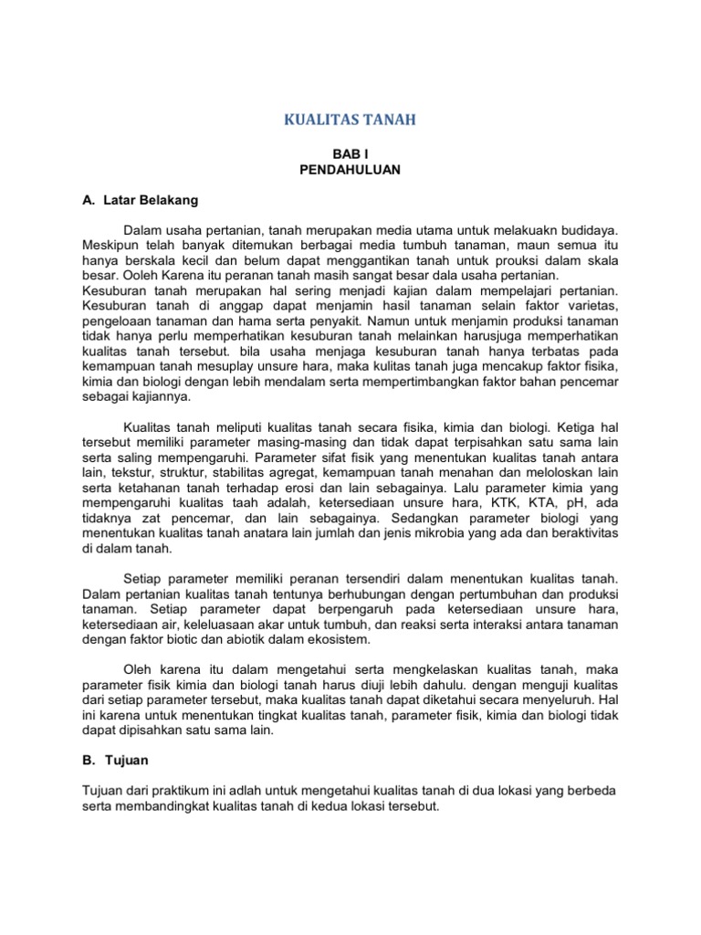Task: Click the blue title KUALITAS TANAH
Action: pos(350,120)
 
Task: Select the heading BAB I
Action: pos(350,156)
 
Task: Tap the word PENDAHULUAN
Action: pos(350,171)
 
